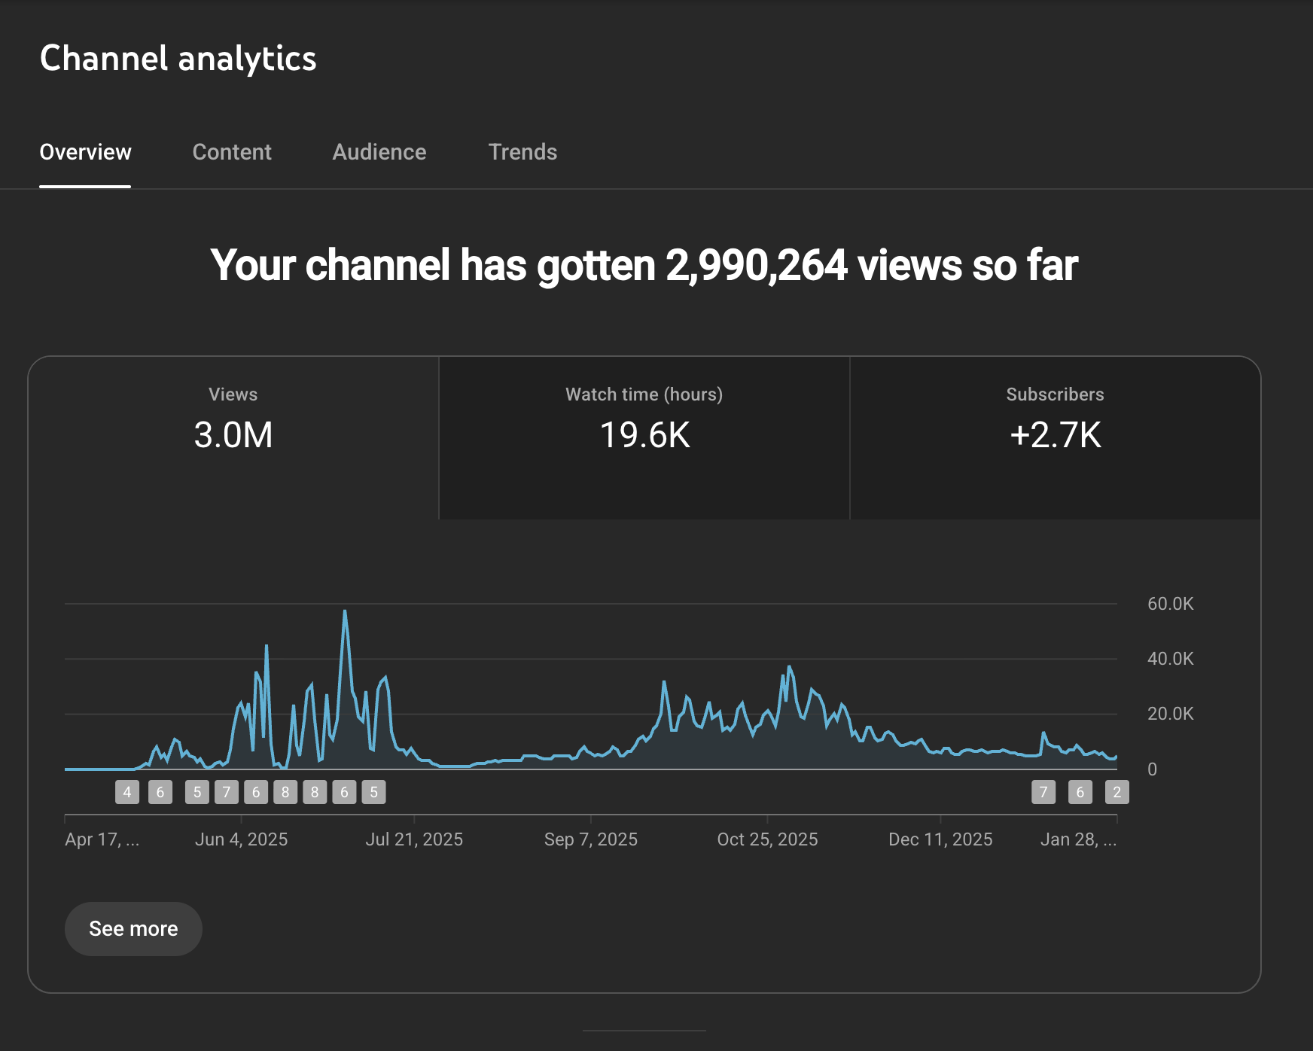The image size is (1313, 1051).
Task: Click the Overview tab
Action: pyautogui.click(x=85, y=152)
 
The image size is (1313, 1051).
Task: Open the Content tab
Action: pyautogui.click(x=232, y=152)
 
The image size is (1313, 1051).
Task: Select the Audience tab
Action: pyautogui.click(x=379, y=152)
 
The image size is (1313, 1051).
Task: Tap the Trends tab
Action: pyautogui.click(x=522, y=152)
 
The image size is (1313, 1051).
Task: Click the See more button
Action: pyautogui.click(x=133, y=928)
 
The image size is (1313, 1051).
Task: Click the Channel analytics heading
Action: pyautogui.click(x=178, y=58)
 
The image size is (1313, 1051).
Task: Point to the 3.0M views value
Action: pyautogui.click(x=233, y=435)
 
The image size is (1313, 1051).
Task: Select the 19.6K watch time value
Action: pyautogui.click(x=644, y=435)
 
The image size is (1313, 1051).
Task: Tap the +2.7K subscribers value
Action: pyautogui.click(x=1055, y=435)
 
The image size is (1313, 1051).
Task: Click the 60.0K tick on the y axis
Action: pyautogui.click(x=1170, y=604)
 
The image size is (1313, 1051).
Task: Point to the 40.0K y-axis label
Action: pyautogui.click(x=1170, y=659)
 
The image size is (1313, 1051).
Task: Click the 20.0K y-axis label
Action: pyautogui.click(x=1170, y=714)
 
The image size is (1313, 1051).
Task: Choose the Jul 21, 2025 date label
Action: pyautogui.click(x=414, y=839)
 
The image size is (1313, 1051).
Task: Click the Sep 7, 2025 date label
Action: pyautogui.click(x=591, y=839)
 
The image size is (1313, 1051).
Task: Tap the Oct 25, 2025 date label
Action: pyautogui.click(x=767, y=839)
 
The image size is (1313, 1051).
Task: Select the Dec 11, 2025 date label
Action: pyautogui.click(x=940, y=839)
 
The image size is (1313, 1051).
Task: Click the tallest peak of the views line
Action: pyautogui.click(x=345, y=611)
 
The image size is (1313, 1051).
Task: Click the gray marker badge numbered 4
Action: pyautogui.click(x=127, y=792)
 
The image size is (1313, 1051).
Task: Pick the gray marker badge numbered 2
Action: pyautogui.click(x=1117, y=792)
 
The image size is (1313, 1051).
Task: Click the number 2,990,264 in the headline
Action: pyautogui.click(x=756, y=266)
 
